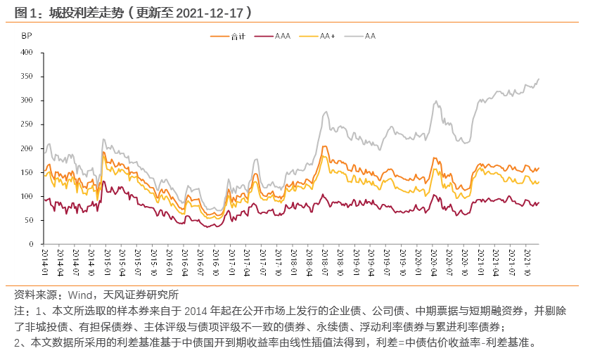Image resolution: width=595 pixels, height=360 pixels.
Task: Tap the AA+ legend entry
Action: (327, 36)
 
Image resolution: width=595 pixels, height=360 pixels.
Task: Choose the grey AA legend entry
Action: (370, 36)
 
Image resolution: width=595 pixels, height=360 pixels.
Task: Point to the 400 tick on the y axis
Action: (27, 52)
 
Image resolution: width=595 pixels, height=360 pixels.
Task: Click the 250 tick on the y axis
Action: (27, 124)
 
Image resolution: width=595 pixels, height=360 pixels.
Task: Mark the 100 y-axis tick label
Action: (27, 196)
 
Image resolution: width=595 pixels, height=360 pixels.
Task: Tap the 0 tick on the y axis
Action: (32, 245)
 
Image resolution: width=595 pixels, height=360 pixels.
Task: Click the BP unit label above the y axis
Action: (26, 35)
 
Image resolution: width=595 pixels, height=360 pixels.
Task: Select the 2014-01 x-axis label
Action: (44, 261)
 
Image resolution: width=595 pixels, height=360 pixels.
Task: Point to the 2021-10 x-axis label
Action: (528, 261)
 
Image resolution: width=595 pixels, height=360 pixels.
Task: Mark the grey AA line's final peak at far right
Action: (539, 79)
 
